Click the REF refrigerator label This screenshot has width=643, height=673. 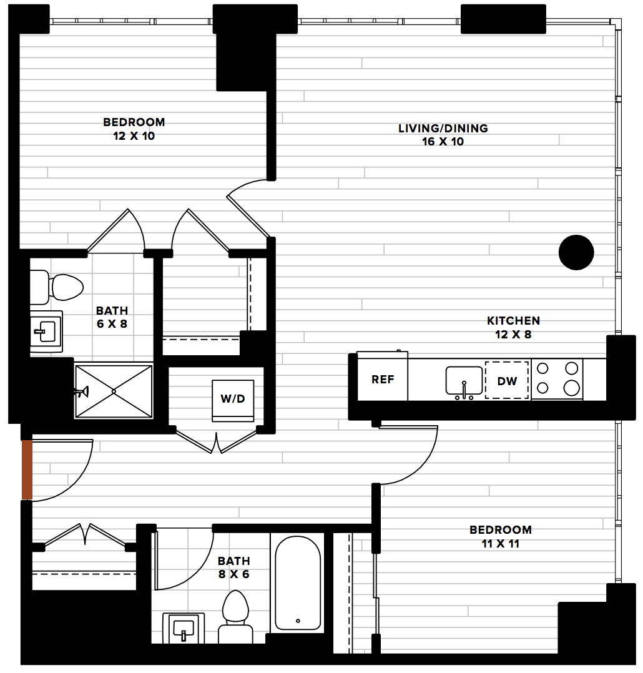[383, 380]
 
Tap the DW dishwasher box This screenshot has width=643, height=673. [506, 380]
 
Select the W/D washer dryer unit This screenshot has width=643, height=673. [233, 400]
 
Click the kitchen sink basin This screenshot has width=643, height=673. [464, 380]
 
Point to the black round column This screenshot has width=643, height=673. [576, 252]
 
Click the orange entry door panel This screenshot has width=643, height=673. [27, 469]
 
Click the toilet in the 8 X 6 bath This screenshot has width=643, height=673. [235, 617]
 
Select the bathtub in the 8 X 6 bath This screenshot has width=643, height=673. [297, 583]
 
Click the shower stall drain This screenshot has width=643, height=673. [114, 391]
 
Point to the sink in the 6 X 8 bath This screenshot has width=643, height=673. [46, 332]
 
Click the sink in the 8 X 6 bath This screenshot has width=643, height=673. [184, 628]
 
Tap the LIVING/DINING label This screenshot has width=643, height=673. [443, 129]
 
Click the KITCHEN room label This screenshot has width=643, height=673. [513, 321]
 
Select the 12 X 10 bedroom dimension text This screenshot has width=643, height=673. [134, 136]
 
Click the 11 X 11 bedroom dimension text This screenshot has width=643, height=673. [501, 544]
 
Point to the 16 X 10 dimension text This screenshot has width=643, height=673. [443, 142]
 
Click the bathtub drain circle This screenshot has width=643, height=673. [298, 621]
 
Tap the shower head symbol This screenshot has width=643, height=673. [82, 391]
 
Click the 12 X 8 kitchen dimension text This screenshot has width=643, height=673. [513, 335]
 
